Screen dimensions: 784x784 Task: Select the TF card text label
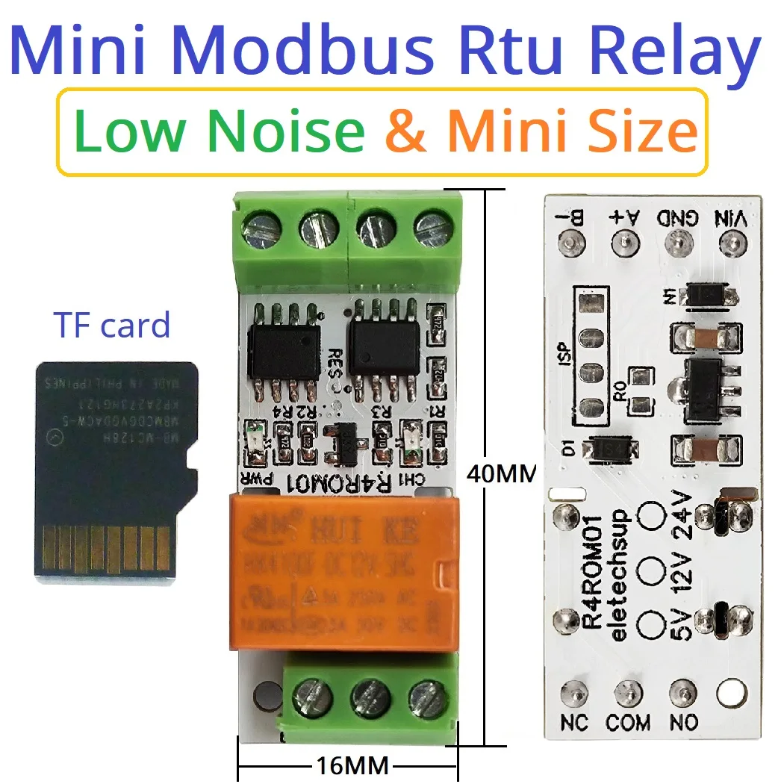[x=112, y=326]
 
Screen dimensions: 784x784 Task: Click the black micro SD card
[x=116, y=470]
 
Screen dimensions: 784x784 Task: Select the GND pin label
[x=677, y=219]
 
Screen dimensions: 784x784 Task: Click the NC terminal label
[x=574, y=722]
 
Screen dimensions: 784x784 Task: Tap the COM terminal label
[x=628, y=722]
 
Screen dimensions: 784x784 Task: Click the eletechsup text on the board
[x=620, y=575]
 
